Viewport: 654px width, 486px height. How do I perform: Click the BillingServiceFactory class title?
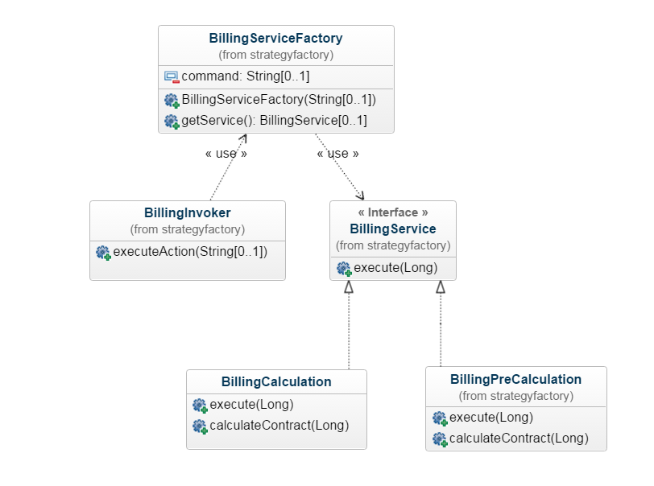[x=275, y=38]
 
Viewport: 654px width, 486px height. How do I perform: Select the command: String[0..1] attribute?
[x=245, y=76]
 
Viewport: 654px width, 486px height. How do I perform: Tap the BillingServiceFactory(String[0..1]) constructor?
[x=279, y=100]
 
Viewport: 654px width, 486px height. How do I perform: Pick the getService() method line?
[x=274, y=121]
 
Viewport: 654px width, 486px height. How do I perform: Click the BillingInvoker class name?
[x=187, y=213]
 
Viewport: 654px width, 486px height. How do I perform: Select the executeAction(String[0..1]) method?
[x=189, y=251]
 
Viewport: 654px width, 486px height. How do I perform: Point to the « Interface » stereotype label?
[x=392, y=212]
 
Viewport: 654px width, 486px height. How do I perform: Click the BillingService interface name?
[x=392, y=229]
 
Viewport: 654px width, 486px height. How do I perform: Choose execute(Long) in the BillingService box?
[x=395, y=268]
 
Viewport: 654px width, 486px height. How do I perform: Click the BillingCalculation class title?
[x=276, y=381]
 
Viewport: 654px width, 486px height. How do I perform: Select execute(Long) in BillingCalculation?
[x=251, y=404]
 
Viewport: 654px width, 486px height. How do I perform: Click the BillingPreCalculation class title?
[x=515, y=379]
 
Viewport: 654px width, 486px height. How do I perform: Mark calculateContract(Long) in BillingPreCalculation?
[x=518, y=439]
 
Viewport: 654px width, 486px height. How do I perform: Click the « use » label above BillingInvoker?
[x=226, y=153]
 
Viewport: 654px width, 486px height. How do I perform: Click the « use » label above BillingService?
[x=337, y=153]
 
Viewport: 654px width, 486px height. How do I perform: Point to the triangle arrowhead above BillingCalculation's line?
[x=349, y=287]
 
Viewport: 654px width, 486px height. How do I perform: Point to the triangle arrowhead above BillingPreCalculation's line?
[x=441, y=287]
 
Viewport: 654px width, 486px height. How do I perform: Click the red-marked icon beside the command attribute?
[x=172, y=77]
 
